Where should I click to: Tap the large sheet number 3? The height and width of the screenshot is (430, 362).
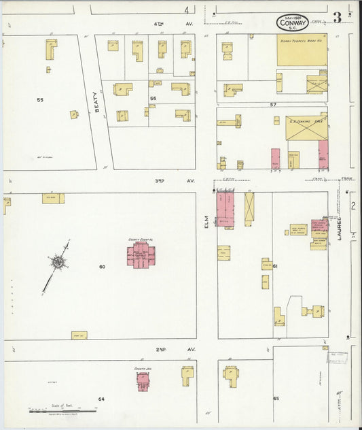[337, 17]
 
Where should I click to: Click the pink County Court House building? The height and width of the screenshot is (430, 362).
[141, 255]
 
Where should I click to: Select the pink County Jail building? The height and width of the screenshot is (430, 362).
[143, 380]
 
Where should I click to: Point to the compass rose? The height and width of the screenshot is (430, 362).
[58, 261]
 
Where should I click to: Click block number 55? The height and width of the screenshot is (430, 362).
[40, 100]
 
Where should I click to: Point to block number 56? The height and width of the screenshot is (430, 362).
[153, 98]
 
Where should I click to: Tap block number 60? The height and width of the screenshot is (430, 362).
[102, 266]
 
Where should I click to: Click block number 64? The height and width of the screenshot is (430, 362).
[101, 399]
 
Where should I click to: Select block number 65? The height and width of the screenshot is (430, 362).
[276, 397]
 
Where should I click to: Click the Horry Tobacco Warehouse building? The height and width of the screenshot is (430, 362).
[301, 50]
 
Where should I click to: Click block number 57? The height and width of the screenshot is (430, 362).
[273, 105]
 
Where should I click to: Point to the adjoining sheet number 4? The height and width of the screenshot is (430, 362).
[186, 10]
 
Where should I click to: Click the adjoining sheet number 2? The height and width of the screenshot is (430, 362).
[352, 204]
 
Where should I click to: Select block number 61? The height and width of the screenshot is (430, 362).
[276, 266]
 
